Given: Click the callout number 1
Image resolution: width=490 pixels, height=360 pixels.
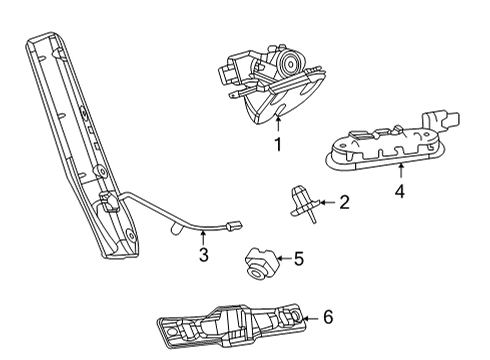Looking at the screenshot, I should [278, 145].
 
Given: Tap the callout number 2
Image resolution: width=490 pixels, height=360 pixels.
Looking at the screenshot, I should [344, 203].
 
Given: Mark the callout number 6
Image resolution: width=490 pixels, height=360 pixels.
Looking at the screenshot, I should [327, 318].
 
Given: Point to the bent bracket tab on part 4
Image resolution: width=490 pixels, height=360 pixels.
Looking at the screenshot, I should [434, 118].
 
